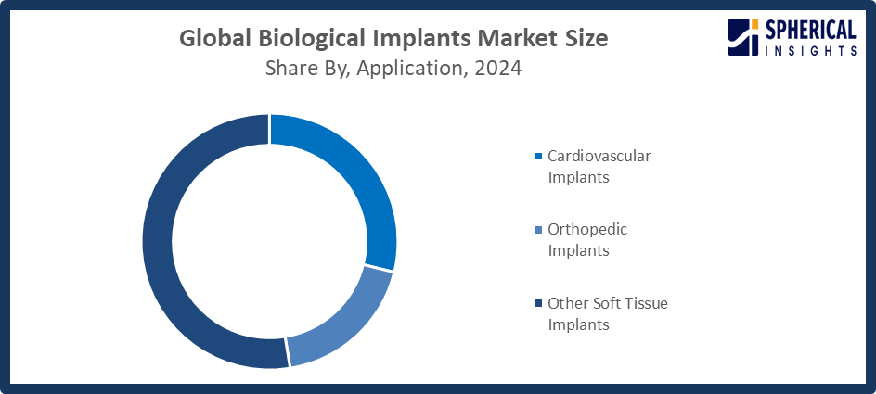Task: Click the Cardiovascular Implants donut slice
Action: tap(357, 176)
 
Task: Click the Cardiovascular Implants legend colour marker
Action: tap(539, 157)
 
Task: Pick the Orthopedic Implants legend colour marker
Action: tap(539, 230)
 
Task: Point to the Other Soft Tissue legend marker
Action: tap(539, 304)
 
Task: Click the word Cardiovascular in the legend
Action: tap(599, 156)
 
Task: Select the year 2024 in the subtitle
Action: tap(496, 69)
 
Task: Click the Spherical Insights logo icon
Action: tap(744, 39)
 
